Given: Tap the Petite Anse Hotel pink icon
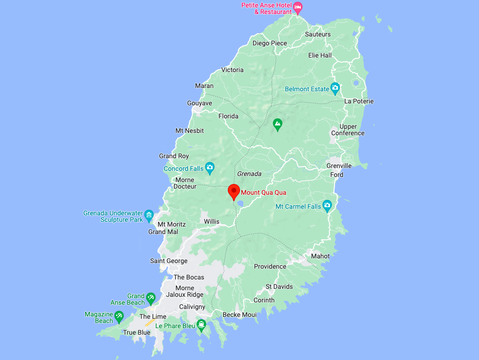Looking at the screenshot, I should click(298, 7).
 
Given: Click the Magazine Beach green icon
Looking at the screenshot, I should click(119, 316).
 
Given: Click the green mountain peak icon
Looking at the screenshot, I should click(278, 125).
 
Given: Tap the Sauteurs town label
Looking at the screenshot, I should click(318, 34).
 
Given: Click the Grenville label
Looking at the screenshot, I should click(339, 166).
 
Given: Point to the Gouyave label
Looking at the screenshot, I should click(199, 103).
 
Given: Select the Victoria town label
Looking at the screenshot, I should click(232, 70).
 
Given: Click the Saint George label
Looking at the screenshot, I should click(169, 261).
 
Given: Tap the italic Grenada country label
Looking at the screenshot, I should click(249, 174).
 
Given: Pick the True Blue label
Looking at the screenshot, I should click(137, 332).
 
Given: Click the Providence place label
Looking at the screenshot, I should click(270, 266).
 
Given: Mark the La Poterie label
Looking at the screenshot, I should click(359, 101).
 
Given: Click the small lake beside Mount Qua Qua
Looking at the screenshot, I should click(240, 204).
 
